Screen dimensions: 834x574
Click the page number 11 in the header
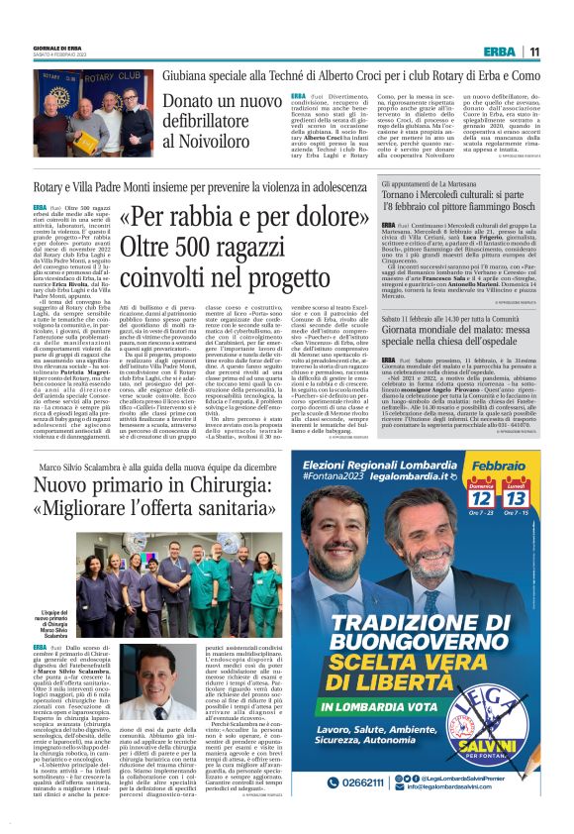533,52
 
